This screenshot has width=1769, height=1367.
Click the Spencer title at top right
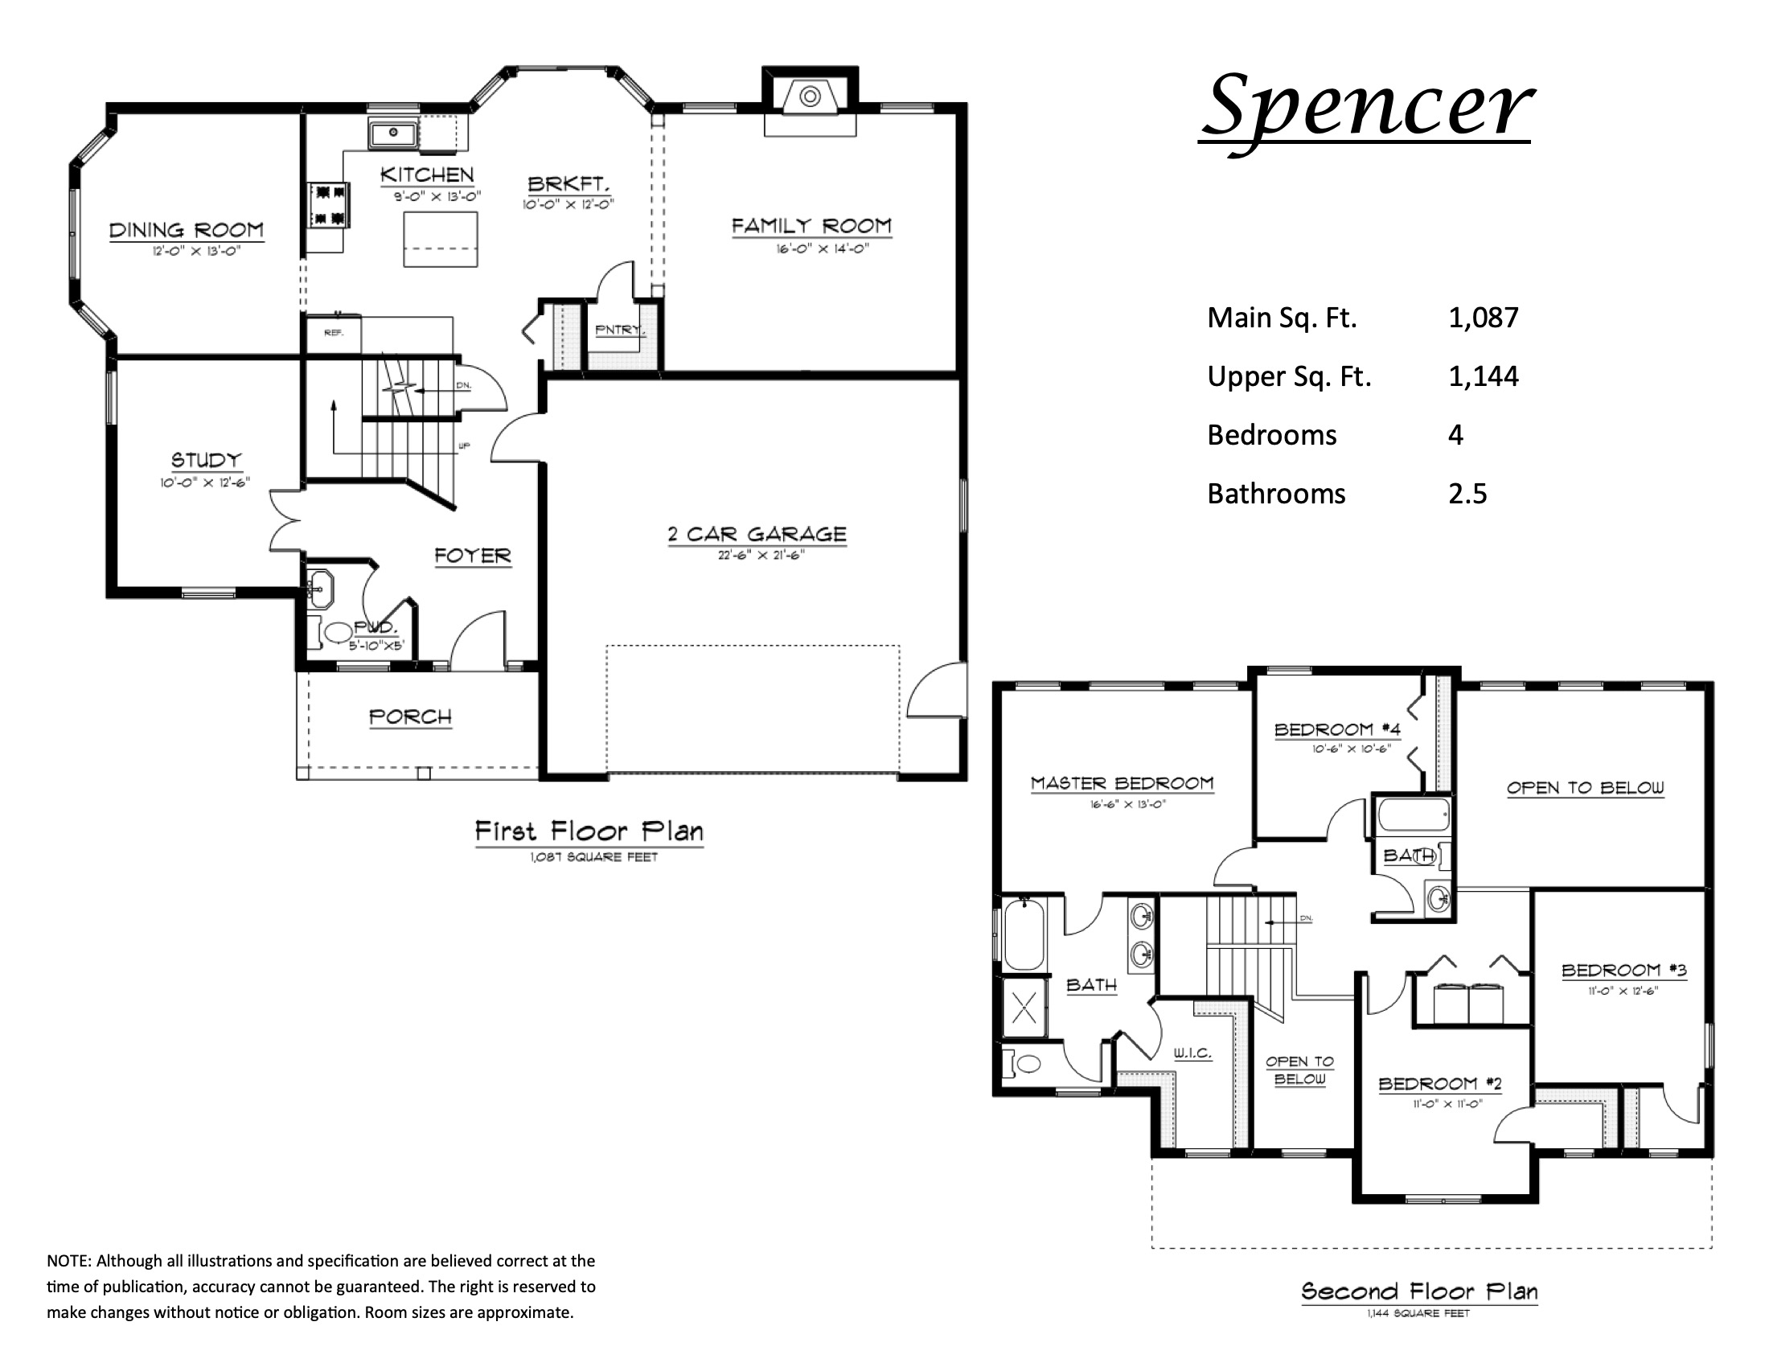click(1367, 105)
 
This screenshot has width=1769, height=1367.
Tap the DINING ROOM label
click(187, 231)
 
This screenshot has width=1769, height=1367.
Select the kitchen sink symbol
click(393, 132)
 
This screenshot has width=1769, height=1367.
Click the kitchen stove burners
click(328, 205)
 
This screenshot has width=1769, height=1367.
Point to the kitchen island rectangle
click(441, 239)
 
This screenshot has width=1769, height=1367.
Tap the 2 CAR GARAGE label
click(757, 535)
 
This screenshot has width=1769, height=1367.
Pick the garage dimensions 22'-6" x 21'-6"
click(760, 556)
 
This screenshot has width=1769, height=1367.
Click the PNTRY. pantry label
click(620, 330)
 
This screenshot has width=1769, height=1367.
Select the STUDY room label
click(206, 460)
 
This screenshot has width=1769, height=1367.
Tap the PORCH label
click(410, 716)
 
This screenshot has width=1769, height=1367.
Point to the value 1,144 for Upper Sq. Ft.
click(1483, 376)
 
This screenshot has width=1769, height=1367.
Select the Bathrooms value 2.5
click(1467, 494)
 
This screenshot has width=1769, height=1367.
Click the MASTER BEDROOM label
click(1122, 783)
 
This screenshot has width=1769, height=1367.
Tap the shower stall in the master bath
click(1024, 1009)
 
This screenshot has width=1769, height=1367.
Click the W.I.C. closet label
click(1192, 1053)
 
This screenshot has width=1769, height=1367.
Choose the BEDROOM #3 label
click(1623, 971)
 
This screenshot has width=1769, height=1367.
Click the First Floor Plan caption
click(589, 831)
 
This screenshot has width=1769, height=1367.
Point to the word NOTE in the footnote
click(69, 1261)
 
